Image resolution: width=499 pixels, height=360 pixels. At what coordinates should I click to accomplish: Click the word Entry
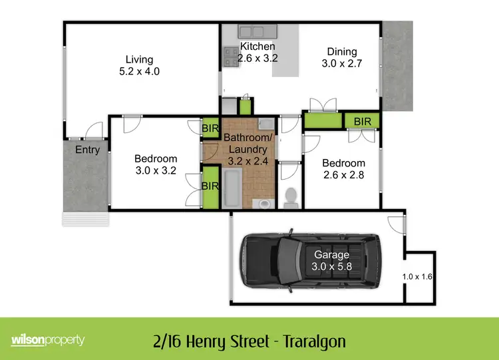87,150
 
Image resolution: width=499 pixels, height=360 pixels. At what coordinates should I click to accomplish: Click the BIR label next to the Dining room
363,121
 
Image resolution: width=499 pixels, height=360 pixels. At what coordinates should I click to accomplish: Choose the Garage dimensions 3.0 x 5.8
331,267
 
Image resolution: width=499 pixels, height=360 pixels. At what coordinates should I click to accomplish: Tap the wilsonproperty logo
48,340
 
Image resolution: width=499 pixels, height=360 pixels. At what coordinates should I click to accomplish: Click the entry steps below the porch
84,219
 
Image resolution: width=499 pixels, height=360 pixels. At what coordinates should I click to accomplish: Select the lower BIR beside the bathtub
211,186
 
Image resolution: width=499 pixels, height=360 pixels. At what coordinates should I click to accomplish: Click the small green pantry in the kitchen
246,105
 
